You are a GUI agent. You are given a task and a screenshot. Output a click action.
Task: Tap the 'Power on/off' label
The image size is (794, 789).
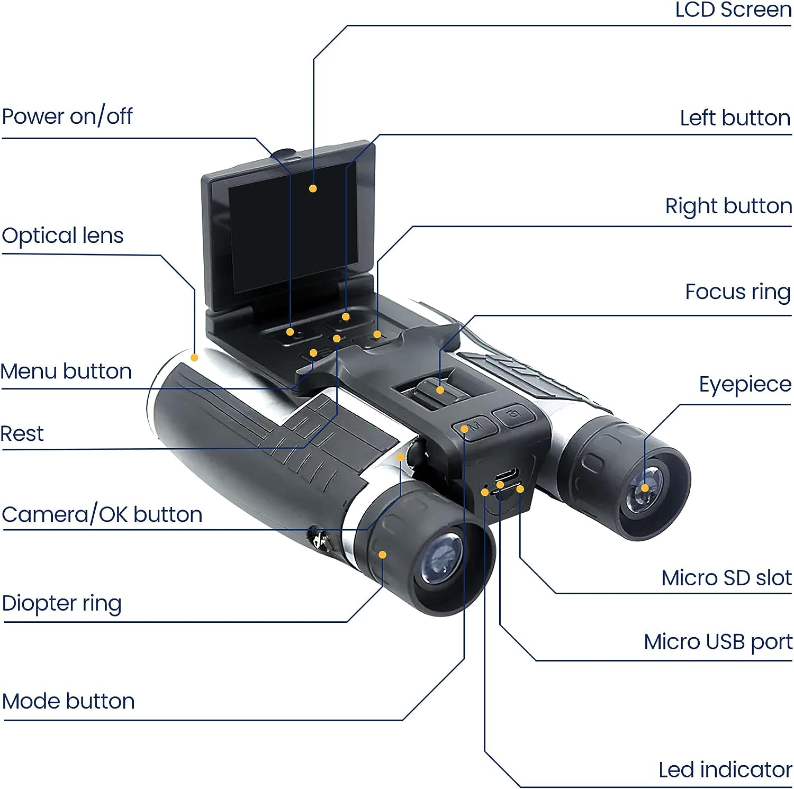pos(67,116)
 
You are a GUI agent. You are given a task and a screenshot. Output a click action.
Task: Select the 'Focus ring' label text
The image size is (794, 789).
pos(738,292)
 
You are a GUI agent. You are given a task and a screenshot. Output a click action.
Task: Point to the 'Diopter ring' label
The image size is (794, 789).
pos(62,603)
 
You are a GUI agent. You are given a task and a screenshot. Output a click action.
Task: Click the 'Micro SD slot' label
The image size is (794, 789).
pos(726,578)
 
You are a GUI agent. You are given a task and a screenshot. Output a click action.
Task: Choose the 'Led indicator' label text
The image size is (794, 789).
pos(725,770)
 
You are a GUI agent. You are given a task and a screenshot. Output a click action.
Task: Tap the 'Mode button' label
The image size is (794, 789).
pos(68,701)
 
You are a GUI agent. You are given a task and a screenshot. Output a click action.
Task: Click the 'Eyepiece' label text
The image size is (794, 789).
pos(745,384)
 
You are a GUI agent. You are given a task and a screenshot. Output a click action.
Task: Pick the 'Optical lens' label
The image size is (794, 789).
pos(62,235)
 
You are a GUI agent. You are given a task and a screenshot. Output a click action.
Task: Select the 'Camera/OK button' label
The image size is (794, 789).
pos(102,514)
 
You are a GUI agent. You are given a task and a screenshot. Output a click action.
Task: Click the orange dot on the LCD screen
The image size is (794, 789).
pos(313,188)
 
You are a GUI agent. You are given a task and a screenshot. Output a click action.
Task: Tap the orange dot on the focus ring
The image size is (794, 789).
pos(440,390)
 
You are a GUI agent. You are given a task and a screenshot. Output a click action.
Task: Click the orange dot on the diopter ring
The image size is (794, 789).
pos(382,555)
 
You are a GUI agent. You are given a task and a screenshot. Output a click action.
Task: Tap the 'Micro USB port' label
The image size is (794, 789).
pos(718,642)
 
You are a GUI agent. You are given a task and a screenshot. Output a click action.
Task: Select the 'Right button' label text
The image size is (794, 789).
pos(728,206)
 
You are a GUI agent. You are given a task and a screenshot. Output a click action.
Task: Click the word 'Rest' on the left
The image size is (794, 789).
pos(22,434)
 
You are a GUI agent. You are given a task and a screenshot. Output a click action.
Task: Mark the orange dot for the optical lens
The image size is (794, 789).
pos(194,358)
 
